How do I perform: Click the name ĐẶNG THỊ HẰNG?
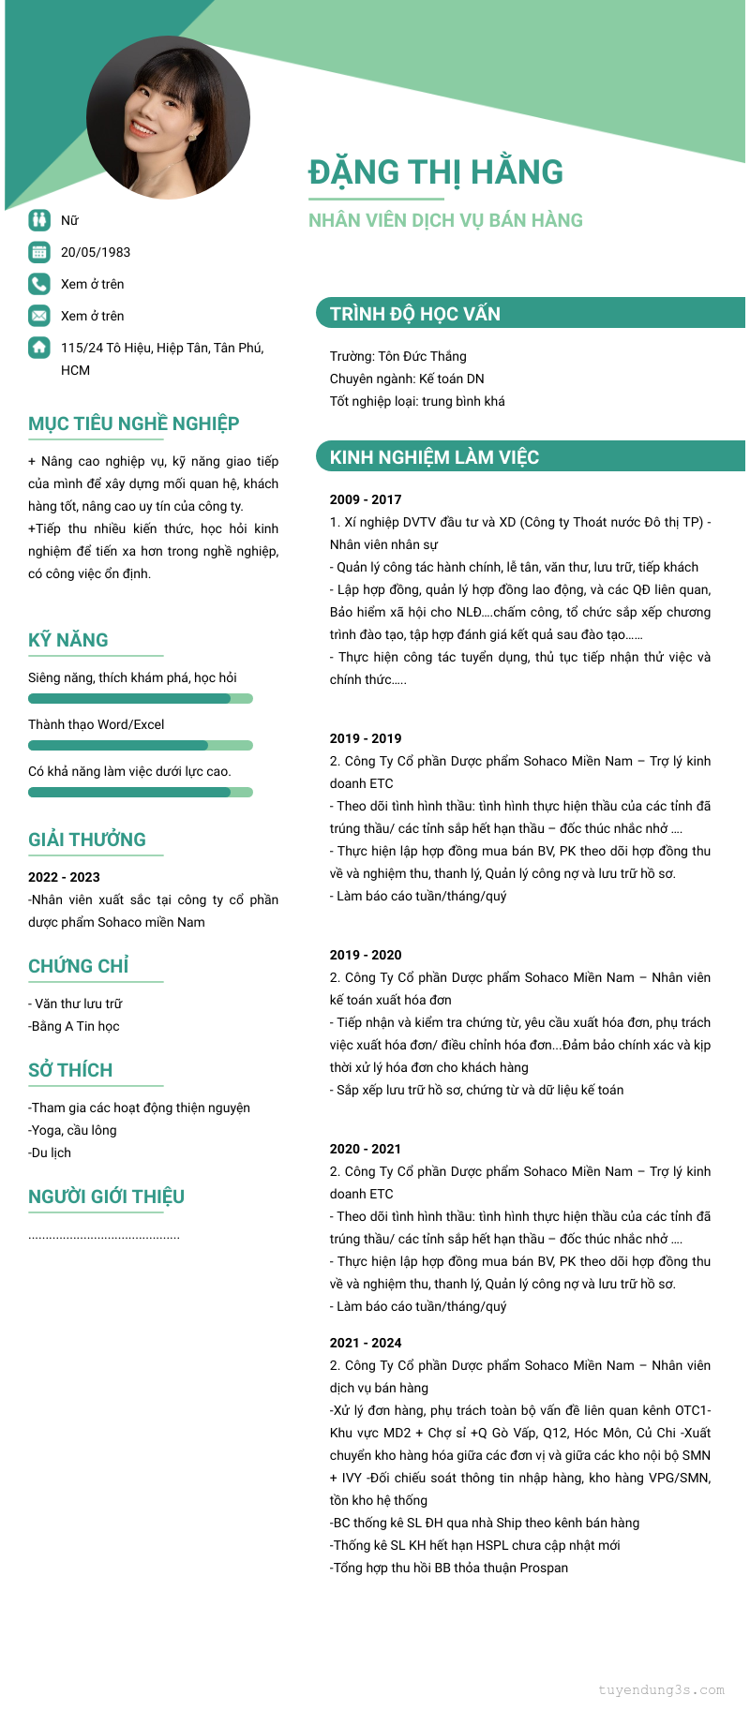[436, 172]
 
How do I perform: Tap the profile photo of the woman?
[169, 117]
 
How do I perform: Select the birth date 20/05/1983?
[96, 252]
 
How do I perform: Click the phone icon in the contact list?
[39, 283]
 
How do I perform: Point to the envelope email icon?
[39, 315]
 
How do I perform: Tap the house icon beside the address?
[39, 347]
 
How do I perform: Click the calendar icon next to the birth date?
[39, 251]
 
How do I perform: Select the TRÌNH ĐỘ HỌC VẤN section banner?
[530, 313]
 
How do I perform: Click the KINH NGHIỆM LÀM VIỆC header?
[530, 456]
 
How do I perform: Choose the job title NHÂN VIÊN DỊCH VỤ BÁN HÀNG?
[445, 220]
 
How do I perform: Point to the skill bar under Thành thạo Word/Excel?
[141, 745]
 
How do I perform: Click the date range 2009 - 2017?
[366, 499]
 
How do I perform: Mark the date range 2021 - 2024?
[366, 1343]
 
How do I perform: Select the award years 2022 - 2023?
[64, 877]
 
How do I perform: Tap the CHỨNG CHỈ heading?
[79, 966]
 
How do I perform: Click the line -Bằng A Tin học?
[74, 1026]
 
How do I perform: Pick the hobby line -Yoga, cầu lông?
[73, 1130]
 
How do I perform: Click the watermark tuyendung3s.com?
[661, 1690]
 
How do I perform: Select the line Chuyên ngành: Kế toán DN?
[407, 379]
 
